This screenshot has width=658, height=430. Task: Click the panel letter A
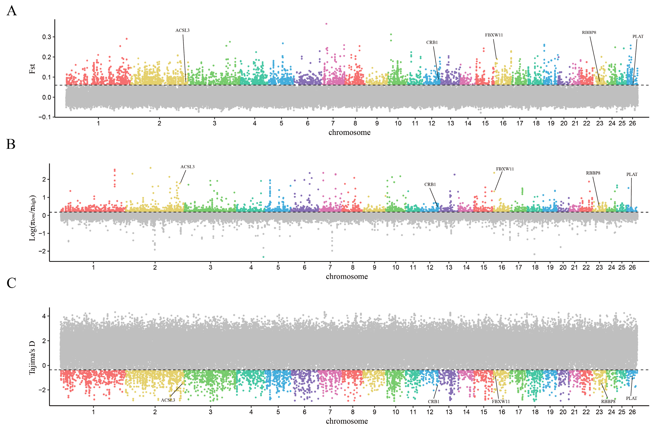[12, 11]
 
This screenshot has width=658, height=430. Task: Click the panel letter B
[11, 144]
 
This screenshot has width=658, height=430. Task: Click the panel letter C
[11, 283]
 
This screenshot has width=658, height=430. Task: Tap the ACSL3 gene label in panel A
[183, 30]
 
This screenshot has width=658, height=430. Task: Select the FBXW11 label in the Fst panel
[494, 35]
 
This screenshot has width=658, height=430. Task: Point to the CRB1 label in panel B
[430, 184]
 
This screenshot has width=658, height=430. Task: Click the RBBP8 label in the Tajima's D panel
[608, 402]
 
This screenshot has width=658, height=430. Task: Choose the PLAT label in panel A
[638, 36]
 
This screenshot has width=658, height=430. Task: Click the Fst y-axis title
[32, 69]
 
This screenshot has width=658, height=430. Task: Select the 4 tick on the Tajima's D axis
[44, 316]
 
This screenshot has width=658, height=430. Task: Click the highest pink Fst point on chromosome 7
[326, 24]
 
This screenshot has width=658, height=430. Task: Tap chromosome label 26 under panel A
[632, 123]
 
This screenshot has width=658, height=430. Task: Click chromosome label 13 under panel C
[449, 412]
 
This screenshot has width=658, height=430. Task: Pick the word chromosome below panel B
[347, 276]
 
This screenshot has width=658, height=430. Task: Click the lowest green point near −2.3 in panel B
[263, 257]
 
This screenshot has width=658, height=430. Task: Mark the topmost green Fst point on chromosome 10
[391, 34]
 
